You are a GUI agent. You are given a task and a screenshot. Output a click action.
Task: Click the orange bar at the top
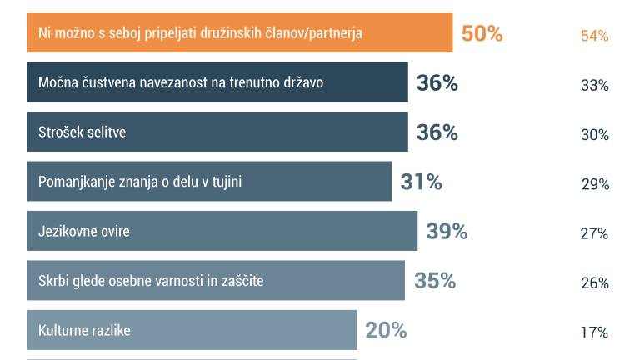pos(240,33)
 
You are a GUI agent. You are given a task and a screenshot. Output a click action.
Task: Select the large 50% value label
pos(482,34)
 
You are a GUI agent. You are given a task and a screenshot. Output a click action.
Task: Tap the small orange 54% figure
pos(594,36)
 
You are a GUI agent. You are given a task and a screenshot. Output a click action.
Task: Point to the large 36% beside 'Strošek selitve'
pos(437,132)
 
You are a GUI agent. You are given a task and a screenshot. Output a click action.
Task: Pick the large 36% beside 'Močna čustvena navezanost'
pos(437,83)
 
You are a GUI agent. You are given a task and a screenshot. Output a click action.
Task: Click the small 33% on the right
pos(594,85)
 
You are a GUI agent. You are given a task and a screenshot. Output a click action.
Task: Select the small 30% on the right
pos(594,135)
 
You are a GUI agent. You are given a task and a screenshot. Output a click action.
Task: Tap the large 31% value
pos(421,182)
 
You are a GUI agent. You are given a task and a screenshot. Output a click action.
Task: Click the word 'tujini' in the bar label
pos(223,181)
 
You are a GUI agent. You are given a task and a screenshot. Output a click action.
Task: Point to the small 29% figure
pos(595,184)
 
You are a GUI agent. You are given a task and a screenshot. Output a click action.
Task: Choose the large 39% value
pos(447,231)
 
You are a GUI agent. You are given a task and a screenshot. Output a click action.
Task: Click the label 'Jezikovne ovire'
pos(84,231)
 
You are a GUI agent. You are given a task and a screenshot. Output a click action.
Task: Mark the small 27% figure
pos(594,233)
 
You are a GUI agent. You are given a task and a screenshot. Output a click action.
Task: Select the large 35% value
pos(435,280)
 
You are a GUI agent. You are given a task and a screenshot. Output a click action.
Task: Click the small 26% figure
pos(594,282)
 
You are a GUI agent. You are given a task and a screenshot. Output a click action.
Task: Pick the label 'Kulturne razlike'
pos(84,330)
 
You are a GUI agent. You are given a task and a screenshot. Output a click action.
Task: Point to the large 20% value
pos(386,330)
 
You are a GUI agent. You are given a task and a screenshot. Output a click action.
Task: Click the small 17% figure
pos(594,332)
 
